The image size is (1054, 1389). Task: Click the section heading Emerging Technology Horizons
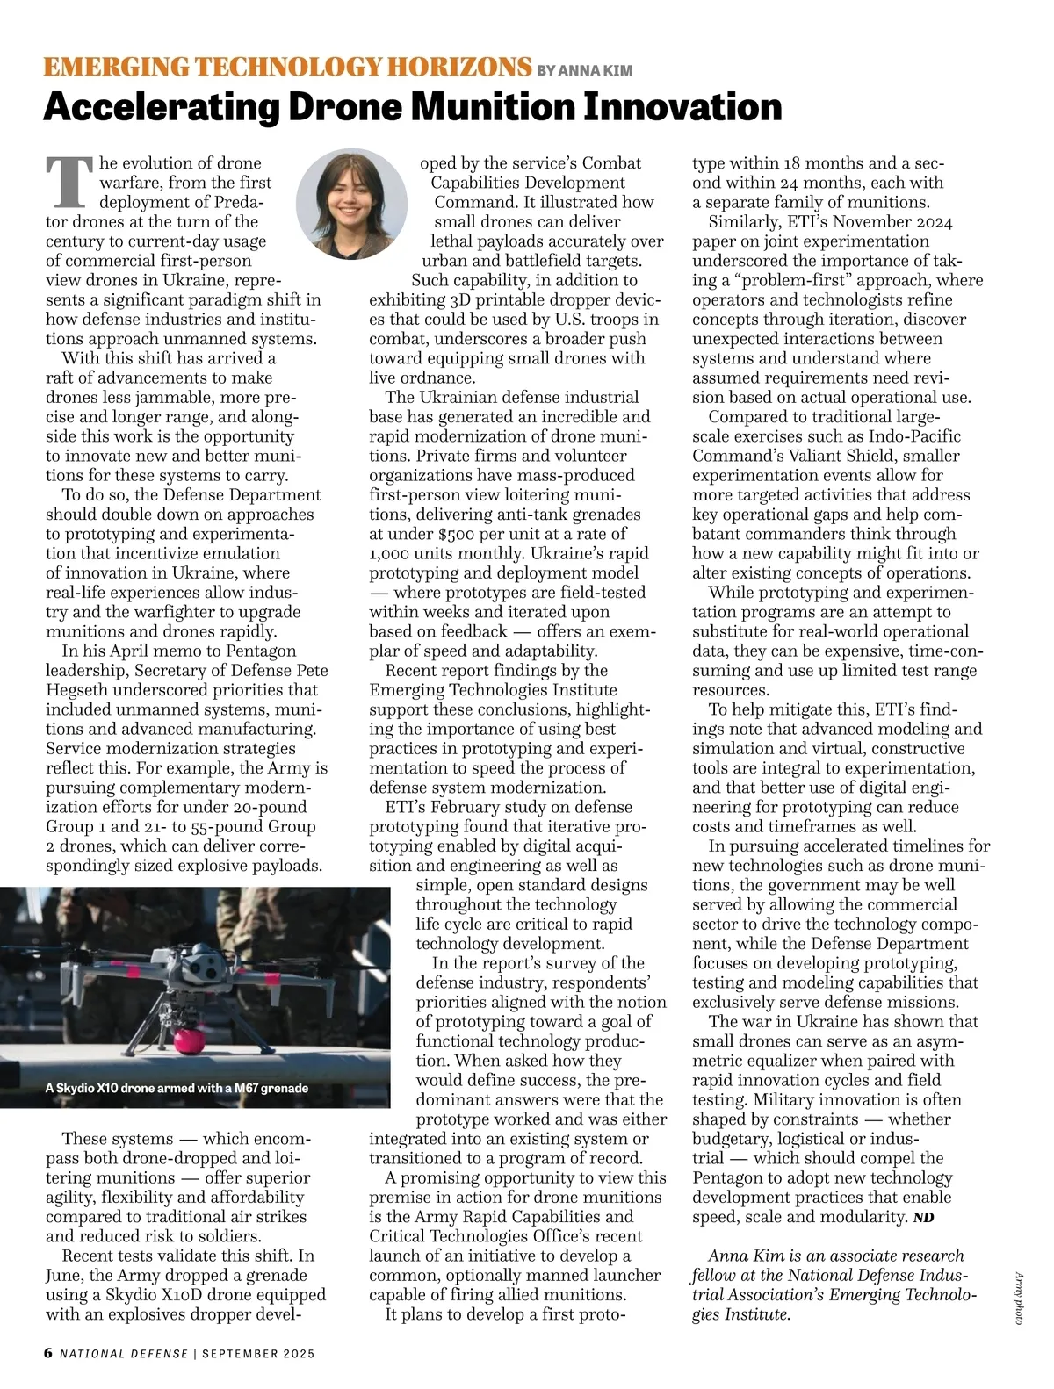(x=287, y=68)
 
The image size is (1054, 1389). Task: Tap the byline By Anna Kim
(x=584, y=70)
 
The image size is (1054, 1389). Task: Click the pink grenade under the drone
(x=188, y=1040)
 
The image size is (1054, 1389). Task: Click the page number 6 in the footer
(x=48, y=1353)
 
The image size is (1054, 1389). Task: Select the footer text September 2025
(x=258, y=1354)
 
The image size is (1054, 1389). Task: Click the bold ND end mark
(x=923, y=1218)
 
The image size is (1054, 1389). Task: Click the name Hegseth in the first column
(x=76, y=690)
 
